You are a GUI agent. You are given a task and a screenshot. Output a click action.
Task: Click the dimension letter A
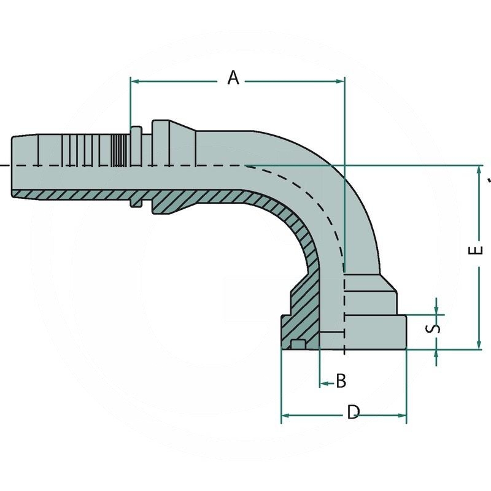(x=233, y=78)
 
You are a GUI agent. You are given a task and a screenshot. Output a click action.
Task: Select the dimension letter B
(x=341, y=381)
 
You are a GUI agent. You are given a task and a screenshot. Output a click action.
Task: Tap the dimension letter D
(x=353, y=412)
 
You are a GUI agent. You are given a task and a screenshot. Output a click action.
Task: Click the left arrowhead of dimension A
(x=136, y=81)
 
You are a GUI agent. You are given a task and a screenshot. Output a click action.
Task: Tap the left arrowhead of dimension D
(x=286, y=416)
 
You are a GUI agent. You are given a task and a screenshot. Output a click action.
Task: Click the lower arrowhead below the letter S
(x=436, y=354)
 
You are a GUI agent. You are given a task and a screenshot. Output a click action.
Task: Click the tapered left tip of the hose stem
(x=16, y=166)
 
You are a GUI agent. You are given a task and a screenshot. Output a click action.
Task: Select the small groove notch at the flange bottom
(x=299, y=344)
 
